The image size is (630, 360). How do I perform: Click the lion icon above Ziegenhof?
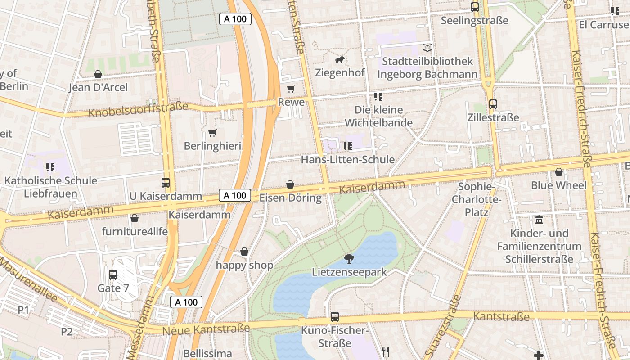(x=340, y=60)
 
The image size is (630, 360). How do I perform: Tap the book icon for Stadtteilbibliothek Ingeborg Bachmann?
(x=427, y=48)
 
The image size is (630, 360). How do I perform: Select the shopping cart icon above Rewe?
(x=291, y=89)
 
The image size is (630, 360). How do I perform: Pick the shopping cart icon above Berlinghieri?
(x=212, y=133)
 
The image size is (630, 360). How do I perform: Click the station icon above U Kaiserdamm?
(x=166, y=183)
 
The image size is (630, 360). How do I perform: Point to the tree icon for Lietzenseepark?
(x=349, y=258)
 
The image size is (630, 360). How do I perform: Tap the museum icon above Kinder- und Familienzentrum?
(x=539, y=220)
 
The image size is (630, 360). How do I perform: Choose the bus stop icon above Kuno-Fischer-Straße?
(x=334, y=317)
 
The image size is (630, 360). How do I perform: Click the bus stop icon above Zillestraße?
(x=493, y=104)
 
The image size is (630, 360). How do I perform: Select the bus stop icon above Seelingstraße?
(x=475, y=7)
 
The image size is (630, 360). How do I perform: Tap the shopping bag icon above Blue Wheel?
(x=558, y=172)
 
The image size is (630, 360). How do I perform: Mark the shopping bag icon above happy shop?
(x=244, y=252)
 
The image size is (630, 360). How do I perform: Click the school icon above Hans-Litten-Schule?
(x=347, y=146)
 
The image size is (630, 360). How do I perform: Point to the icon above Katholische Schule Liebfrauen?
(x=50, y=167)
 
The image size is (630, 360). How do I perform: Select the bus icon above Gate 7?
(x=113, y=274)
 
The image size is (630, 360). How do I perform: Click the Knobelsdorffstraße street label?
(x=138, y=109)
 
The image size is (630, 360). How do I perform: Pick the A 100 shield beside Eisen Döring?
(x=235, y=195)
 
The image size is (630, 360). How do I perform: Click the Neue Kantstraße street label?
(x=206, y=329)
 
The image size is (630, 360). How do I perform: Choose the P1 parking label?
(x=23, y=310)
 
